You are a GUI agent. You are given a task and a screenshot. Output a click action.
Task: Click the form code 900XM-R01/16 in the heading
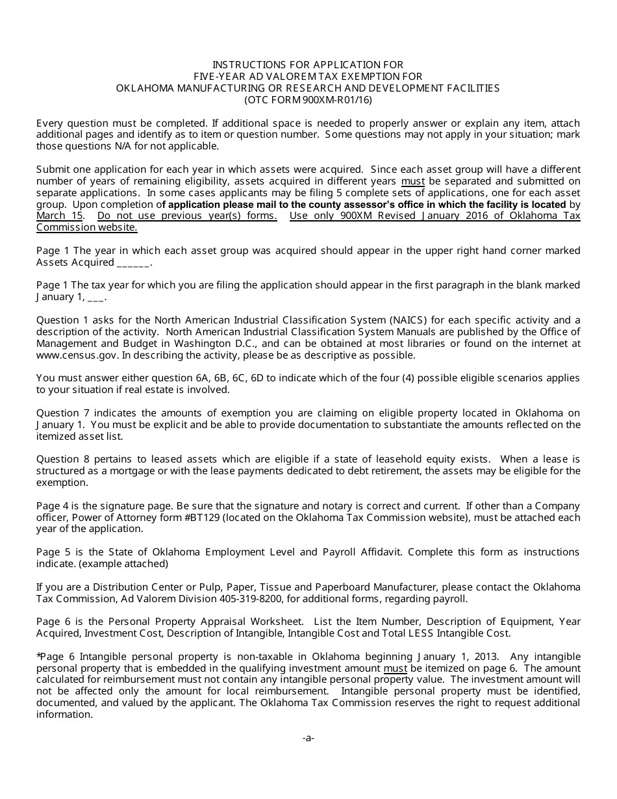(x=338, y=100)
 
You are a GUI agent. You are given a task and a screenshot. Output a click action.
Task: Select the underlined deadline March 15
(x=60, y=216)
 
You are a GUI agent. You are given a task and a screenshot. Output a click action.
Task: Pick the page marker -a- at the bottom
(x=308, y=737)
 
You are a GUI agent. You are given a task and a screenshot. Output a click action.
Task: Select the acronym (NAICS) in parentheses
(x=409, y=320)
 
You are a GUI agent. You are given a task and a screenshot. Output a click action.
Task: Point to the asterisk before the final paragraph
(x=39, y=655)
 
